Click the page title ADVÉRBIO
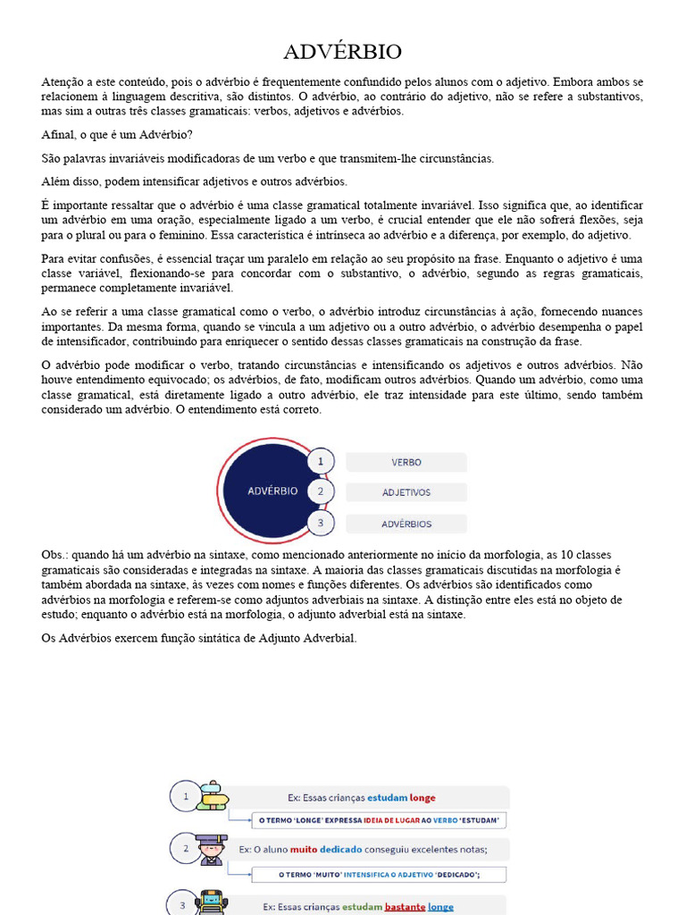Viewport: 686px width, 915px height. click(x=343, y=51)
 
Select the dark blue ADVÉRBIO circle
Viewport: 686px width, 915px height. click(x=272, y=491)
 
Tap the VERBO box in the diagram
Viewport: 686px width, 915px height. click(x=406, y=463)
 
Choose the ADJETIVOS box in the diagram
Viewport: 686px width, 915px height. click(x=406, y=492)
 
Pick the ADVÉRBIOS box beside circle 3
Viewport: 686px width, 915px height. click(x=406, y=524)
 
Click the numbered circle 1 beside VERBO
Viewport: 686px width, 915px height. click(x=320, y=462)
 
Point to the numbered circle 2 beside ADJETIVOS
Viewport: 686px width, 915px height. click(x=320, y=491)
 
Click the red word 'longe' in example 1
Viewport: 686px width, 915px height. click(x=422, y=798)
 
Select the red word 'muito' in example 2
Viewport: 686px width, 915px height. click(x=305, y=850)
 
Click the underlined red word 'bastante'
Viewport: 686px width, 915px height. click(x=405, y=907)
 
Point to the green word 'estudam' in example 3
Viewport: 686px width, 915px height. click(x=361, y=907)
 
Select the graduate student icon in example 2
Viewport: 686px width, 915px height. click(x=211, y=850)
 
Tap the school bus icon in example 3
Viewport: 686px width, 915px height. click(x=212, y=904)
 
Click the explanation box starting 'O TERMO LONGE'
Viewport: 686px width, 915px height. click(x=379, y=820)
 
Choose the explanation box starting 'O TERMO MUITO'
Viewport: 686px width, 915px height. click(x=379, y=875)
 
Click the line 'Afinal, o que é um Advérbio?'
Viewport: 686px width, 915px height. click(x=116, y=135)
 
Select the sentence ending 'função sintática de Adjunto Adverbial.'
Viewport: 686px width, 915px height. click(x=199, y=638)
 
